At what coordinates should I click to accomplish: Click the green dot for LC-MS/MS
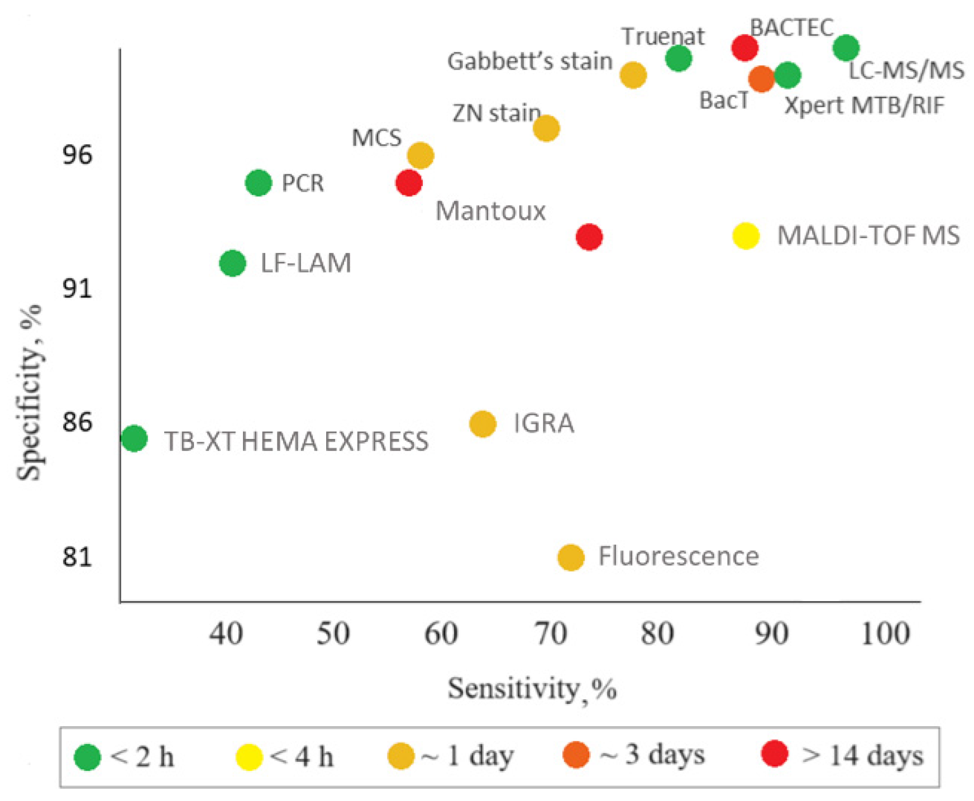click(846, 47)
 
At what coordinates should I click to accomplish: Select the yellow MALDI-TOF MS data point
click(746, 236)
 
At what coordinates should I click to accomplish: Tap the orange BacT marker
click(761, 78)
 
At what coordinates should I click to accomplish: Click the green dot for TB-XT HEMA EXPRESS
click(134, 438)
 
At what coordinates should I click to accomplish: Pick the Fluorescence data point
click(571, 557)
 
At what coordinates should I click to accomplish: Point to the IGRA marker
click(483, 424)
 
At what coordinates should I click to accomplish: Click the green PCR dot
click(259, 183)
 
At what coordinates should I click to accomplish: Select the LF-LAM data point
click(233, 263)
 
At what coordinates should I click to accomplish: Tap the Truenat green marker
click(679, 58)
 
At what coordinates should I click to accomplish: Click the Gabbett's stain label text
click(529, 61)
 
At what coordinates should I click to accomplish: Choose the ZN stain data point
click(546, 128)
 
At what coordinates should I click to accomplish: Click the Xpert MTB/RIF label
click(864, 105)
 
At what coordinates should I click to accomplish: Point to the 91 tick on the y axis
click(77, 288)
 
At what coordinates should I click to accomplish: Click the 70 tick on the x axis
click(551, 633)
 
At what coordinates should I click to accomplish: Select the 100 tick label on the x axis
click(885, 633)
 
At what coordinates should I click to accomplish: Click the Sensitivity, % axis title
click(532, 688)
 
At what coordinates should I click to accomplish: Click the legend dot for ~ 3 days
click(576, 755)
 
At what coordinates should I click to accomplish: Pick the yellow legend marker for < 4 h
click(249, 757)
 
